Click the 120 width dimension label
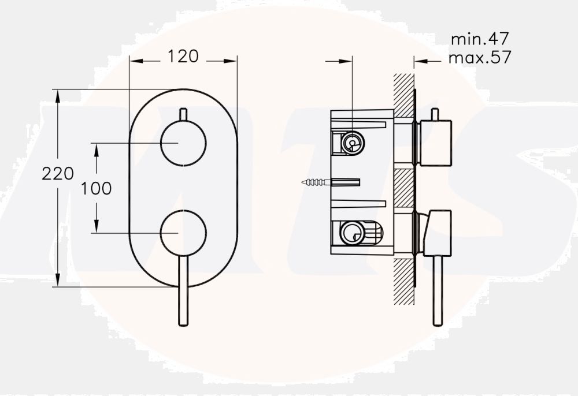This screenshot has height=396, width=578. pos(183,57)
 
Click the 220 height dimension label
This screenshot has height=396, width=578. pos(58,173)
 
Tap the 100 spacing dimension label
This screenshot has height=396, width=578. pos(97,188)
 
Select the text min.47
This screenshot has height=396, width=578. pos(480,40)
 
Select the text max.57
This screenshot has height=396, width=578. pos(480,58)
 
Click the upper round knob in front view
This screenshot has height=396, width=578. pos(183,143)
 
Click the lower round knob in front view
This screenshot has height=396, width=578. pos(183,233)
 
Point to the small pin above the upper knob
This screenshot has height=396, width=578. pos(183,114)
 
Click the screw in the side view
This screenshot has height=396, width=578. pos(316,183)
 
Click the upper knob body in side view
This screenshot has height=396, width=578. pos(435,143)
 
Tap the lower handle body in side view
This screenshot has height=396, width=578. pos(437,233)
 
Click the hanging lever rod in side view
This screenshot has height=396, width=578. pos(438,292)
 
